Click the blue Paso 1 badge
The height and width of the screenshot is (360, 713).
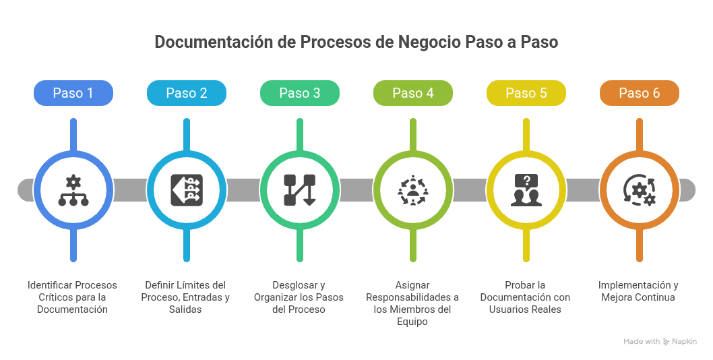click(73, 93)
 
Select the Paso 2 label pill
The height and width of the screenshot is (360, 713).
click(187, 93)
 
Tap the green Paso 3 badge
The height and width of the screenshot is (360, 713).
click(300, 93)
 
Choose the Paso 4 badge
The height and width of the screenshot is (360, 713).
click(413, 93)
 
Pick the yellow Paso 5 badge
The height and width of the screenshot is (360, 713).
click(526, 93)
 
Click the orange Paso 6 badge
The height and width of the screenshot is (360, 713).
click(640, 93)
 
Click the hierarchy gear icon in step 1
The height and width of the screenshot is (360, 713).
click(73, 190)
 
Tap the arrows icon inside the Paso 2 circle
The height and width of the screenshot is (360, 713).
click(187, 190)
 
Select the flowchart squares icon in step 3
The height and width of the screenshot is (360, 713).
click(300, 190)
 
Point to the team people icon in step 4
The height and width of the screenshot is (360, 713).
click(413, 190)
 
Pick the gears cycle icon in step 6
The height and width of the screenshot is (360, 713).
click(640, 190)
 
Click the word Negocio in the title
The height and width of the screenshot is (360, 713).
click(429, 42)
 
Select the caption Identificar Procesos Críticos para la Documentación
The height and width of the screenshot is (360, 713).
click(72, 297)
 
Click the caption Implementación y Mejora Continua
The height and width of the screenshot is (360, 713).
click(638, 291)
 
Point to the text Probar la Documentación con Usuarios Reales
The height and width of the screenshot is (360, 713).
click(525, 297)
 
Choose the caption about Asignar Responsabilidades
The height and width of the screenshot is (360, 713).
click(412, 303)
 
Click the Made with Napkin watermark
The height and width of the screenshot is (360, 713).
click(660, 342)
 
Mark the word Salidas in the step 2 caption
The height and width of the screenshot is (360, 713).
click(185, 309)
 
